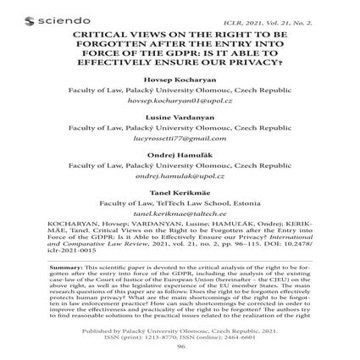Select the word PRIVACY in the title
click(254, 64)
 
